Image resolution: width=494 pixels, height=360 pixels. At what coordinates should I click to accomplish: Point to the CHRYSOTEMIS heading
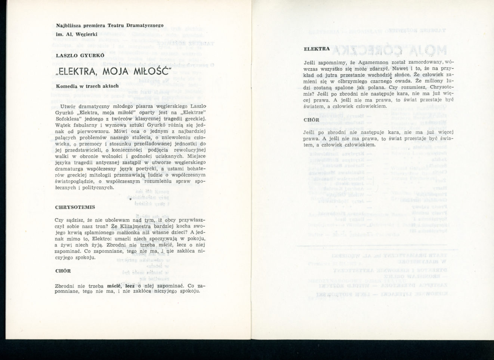click(x=75, y=207)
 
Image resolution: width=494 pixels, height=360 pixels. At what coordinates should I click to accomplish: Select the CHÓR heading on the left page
click(x=63, y=271)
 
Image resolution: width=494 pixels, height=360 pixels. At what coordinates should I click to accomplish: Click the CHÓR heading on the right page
click(x=312, y=120)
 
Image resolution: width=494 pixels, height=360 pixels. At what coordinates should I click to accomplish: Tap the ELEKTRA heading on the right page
click(x=317, y=49)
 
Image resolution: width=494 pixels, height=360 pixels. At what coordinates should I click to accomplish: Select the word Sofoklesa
click(x=68, y=119)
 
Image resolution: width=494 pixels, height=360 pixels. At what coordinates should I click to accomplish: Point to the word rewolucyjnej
click(x=189, y=150)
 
